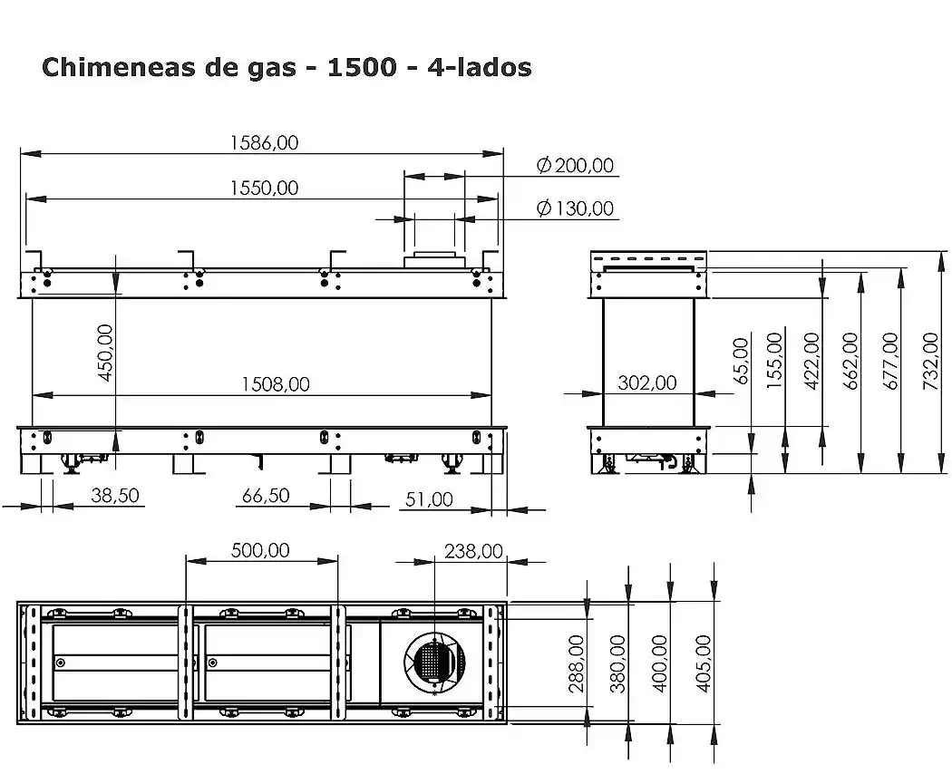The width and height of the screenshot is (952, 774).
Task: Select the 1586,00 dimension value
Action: coord(263,142)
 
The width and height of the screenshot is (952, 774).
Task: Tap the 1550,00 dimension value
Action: coord(263,188)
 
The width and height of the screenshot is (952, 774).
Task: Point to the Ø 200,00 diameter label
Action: coord(574,165)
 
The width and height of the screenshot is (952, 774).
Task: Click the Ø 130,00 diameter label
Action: coord(574,208)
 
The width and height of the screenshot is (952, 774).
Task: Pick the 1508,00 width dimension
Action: coord(275,384)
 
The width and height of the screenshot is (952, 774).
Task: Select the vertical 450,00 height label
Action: coord(105,353)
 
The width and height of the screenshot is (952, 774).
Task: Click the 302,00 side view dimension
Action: coord(646,383)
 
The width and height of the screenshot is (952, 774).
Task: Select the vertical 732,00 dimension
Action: coord(929,361)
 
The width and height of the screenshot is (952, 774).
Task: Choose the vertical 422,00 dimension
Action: coord(811,361)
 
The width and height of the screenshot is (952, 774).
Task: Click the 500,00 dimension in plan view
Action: coord(260,550)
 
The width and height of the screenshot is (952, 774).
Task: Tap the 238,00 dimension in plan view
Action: coord(472,550)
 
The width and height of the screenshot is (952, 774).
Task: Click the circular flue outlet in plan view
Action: coord(433,661)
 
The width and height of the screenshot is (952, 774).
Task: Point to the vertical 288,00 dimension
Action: coord(577,663)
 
